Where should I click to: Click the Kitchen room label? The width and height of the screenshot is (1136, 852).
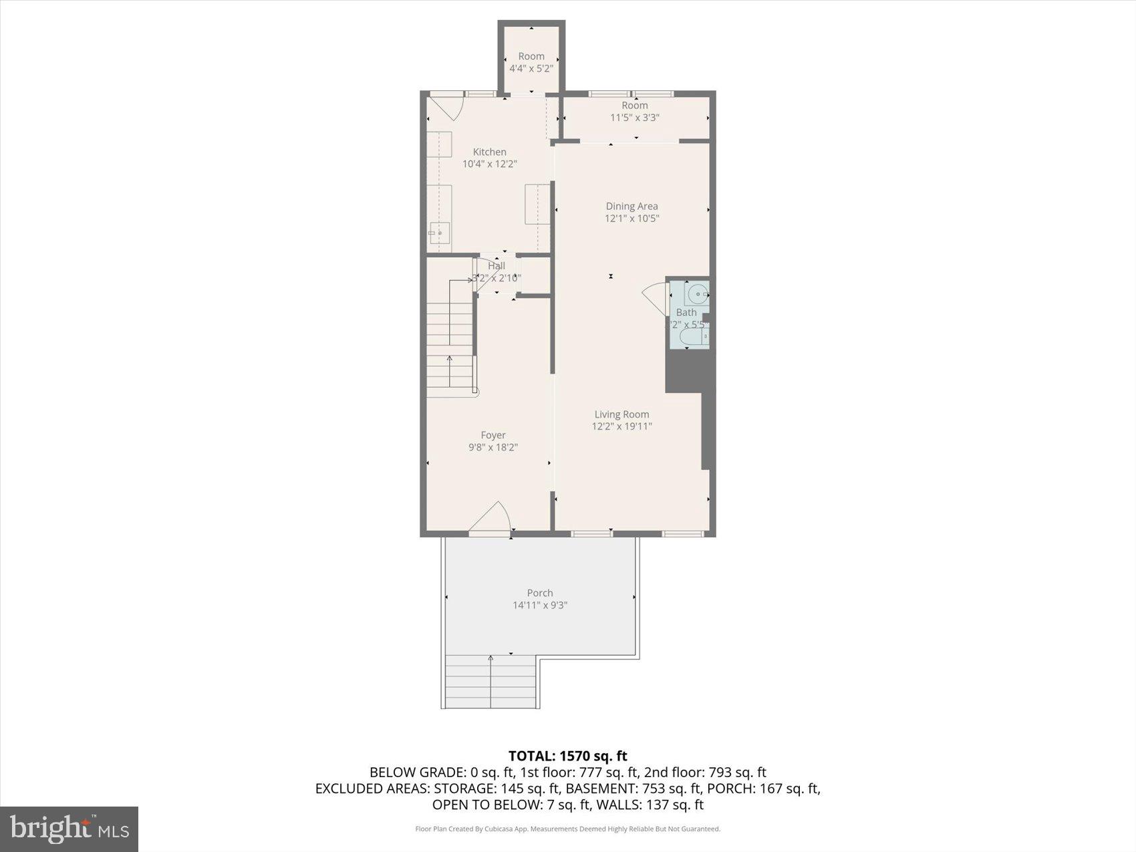pos(489,152)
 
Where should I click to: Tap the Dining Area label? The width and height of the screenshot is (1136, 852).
pos(631,206)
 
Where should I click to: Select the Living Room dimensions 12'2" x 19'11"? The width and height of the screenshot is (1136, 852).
pos(621,426)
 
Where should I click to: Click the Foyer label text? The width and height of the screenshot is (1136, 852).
pos(493,435)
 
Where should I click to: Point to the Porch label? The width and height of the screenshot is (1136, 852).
pos(539,593)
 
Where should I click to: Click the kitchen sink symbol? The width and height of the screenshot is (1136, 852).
pos(439,233)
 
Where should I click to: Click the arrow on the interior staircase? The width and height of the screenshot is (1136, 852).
pos(450,361)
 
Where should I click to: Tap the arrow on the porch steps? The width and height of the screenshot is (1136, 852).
pos(490,662)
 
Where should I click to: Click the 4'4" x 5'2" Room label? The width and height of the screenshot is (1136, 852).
pos(531,62)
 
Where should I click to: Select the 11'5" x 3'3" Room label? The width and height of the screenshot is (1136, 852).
pos(634,111)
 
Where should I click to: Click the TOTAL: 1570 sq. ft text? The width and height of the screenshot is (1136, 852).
pos(567,756)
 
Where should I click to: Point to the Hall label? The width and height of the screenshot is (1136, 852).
pos(496,266)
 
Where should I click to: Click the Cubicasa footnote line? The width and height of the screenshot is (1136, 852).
pos(567,829)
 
